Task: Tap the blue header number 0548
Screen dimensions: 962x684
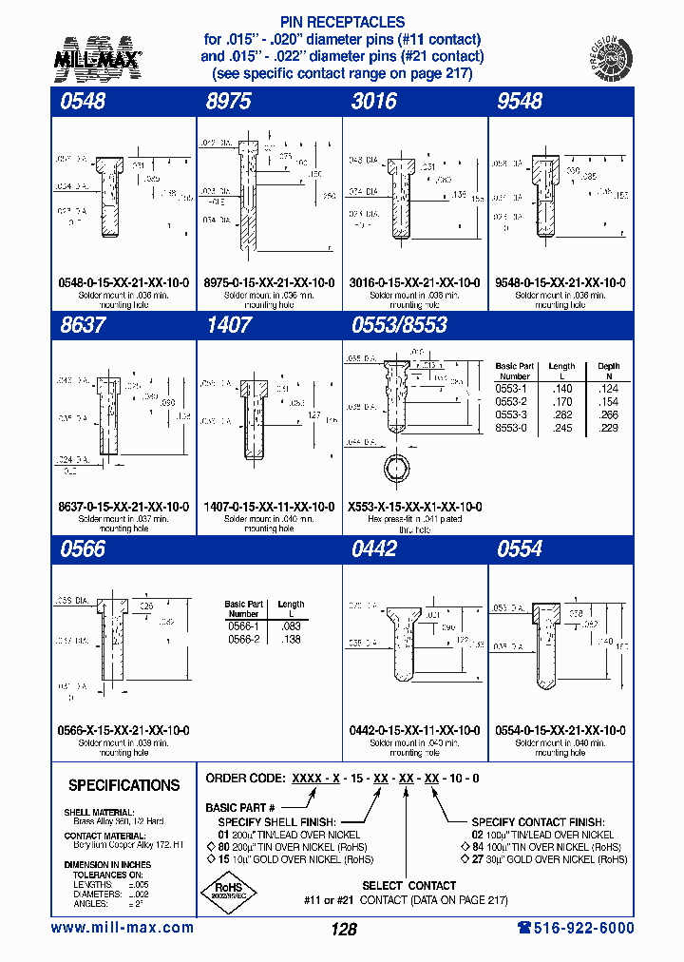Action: tap(82, 102)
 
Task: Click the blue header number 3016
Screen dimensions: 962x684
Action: tap(372, 102)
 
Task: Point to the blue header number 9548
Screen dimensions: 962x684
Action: tap(519, 102)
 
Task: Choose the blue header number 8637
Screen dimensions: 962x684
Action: tap(82, 325)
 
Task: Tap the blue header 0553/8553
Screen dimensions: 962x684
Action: tap(399, 325)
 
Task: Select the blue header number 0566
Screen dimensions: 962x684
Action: tap(82, 548)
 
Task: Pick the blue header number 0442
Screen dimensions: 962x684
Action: tap(374, 548)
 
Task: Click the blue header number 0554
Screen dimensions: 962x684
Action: tap(519, 548)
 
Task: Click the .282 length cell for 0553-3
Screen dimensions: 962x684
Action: tap(561, 414)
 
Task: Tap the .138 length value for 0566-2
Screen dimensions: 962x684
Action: tap(291, 640)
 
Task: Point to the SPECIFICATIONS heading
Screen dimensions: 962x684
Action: tap(123, 785)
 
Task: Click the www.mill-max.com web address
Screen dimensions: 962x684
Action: tap(123, 928)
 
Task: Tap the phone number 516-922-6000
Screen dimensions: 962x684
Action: tap(575, 928)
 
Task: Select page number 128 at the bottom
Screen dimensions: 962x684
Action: tap(343, 930)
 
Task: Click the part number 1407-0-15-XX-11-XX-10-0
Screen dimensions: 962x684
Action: tap(269, 507)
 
